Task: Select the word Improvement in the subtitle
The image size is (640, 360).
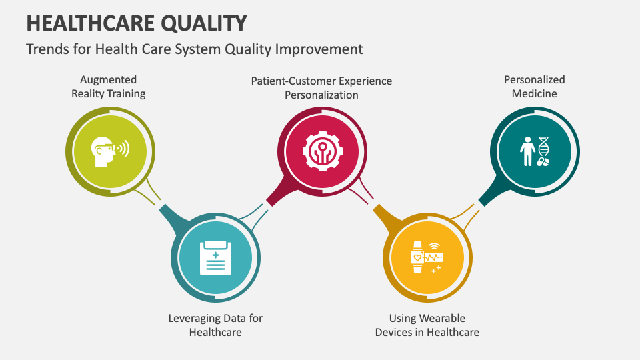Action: click(x=319, y=49)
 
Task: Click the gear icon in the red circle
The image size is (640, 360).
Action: click(x=323, y=151)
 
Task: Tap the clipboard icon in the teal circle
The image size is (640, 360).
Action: click(x=215, y=257)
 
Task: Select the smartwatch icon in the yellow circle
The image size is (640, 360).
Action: click(x=417, y=257)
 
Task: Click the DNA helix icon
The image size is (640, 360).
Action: click(x=543, y=147)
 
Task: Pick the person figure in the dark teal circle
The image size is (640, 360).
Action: click(x=527, y=151)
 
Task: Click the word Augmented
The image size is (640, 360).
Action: click(x=108, y=80)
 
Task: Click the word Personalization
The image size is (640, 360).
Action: click(x=321, y=95)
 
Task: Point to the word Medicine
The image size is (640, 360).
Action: click(x=534, y=93)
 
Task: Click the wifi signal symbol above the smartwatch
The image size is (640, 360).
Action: click(x=434, y=246)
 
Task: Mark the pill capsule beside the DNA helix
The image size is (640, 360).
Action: click(x=543, y=162)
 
